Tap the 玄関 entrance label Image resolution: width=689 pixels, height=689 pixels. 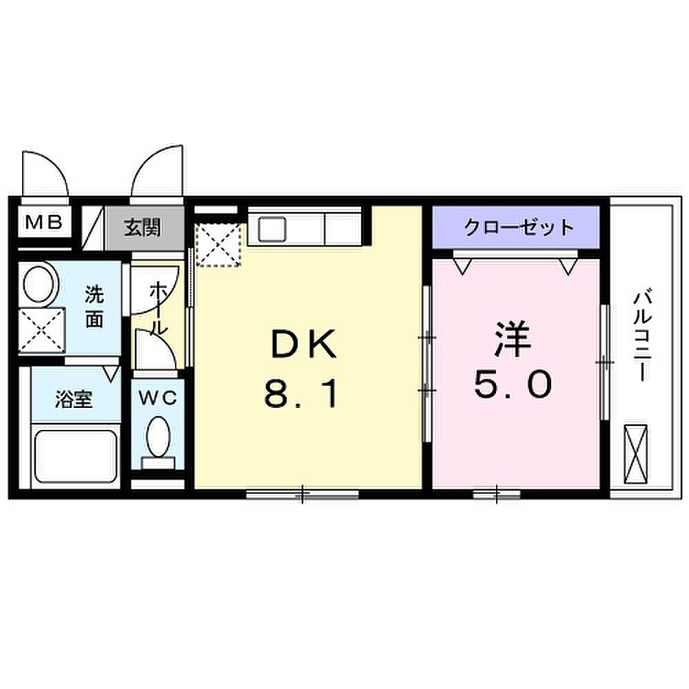click(x=142, y=227)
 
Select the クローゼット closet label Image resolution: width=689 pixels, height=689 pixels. click(x=519, y=227)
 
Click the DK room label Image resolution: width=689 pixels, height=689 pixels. click(x=305, y=344)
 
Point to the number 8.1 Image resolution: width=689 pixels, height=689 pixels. click(x=302, y=393)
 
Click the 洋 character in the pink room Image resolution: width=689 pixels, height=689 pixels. click(x=513, y=338)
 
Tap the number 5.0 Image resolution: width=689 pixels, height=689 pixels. click(x=513, y=384)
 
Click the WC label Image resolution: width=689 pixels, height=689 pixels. click(x=158, y=398)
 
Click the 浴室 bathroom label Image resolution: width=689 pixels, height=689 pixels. click(x=74, y=400)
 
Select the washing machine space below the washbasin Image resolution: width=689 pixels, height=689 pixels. click(x=42, y=330)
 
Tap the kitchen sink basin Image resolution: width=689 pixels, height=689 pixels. click(x=272, y=230)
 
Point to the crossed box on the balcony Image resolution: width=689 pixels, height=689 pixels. click(x=636, y=454)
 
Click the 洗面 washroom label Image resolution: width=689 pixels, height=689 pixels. click(x=94, y=307)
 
